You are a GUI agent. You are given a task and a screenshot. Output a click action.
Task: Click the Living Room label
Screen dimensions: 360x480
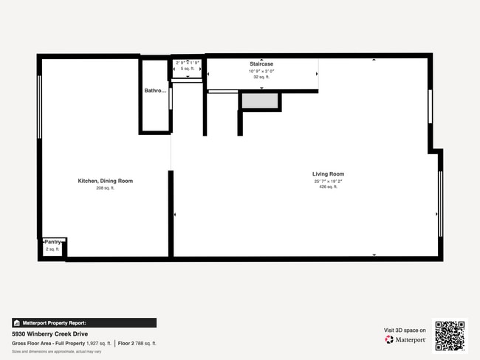coord(328,174)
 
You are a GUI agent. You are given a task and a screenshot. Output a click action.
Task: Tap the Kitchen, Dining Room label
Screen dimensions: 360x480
coord(106,181)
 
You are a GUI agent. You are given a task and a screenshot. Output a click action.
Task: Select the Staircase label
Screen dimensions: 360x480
coord(261,64)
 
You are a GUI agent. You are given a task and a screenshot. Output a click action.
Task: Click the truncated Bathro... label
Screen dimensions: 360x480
coord(155,91)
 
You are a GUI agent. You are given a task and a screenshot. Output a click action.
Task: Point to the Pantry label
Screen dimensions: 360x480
coord(52,242)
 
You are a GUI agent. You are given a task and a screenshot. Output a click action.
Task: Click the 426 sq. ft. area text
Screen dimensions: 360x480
coord(328,187)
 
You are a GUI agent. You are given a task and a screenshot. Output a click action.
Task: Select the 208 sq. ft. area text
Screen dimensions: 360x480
coord(106,188)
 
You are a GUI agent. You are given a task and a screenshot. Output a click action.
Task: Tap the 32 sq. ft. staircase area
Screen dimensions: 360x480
coord(261,77)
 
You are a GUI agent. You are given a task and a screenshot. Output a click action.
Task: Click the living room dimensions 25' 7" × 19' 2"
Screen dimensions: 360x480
coord(328,181)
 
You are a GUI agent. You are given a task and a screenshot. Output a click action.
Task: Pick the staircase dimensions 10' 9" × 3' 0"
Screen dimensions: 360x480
coord(261,71)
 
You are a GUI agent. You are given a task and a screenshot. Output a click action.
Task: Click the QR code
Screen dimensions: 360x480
coord(450,336)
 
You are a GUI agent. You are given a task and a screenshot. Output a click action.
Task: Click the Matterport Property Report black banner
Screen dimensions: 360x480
coord(84,322)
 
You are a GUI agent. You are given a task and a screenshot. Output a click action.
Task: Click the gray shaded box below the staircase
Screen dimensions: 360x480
coord(259,101)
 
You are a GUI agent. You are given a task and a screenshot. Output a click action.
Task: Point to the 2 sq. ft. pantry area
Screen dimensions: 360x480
coord(52,249)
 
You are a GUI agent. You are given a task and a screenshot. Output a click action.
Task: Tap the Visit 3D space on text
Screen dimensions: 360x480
coord(404,330)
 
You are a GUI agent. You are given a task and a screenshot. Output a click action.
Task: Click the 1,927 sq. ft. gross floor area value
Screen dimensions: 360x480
coord(97,343)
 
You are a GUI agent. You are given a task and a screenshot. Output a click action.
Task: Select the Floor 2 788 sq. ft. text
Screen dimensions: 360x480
coord(137,343)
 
